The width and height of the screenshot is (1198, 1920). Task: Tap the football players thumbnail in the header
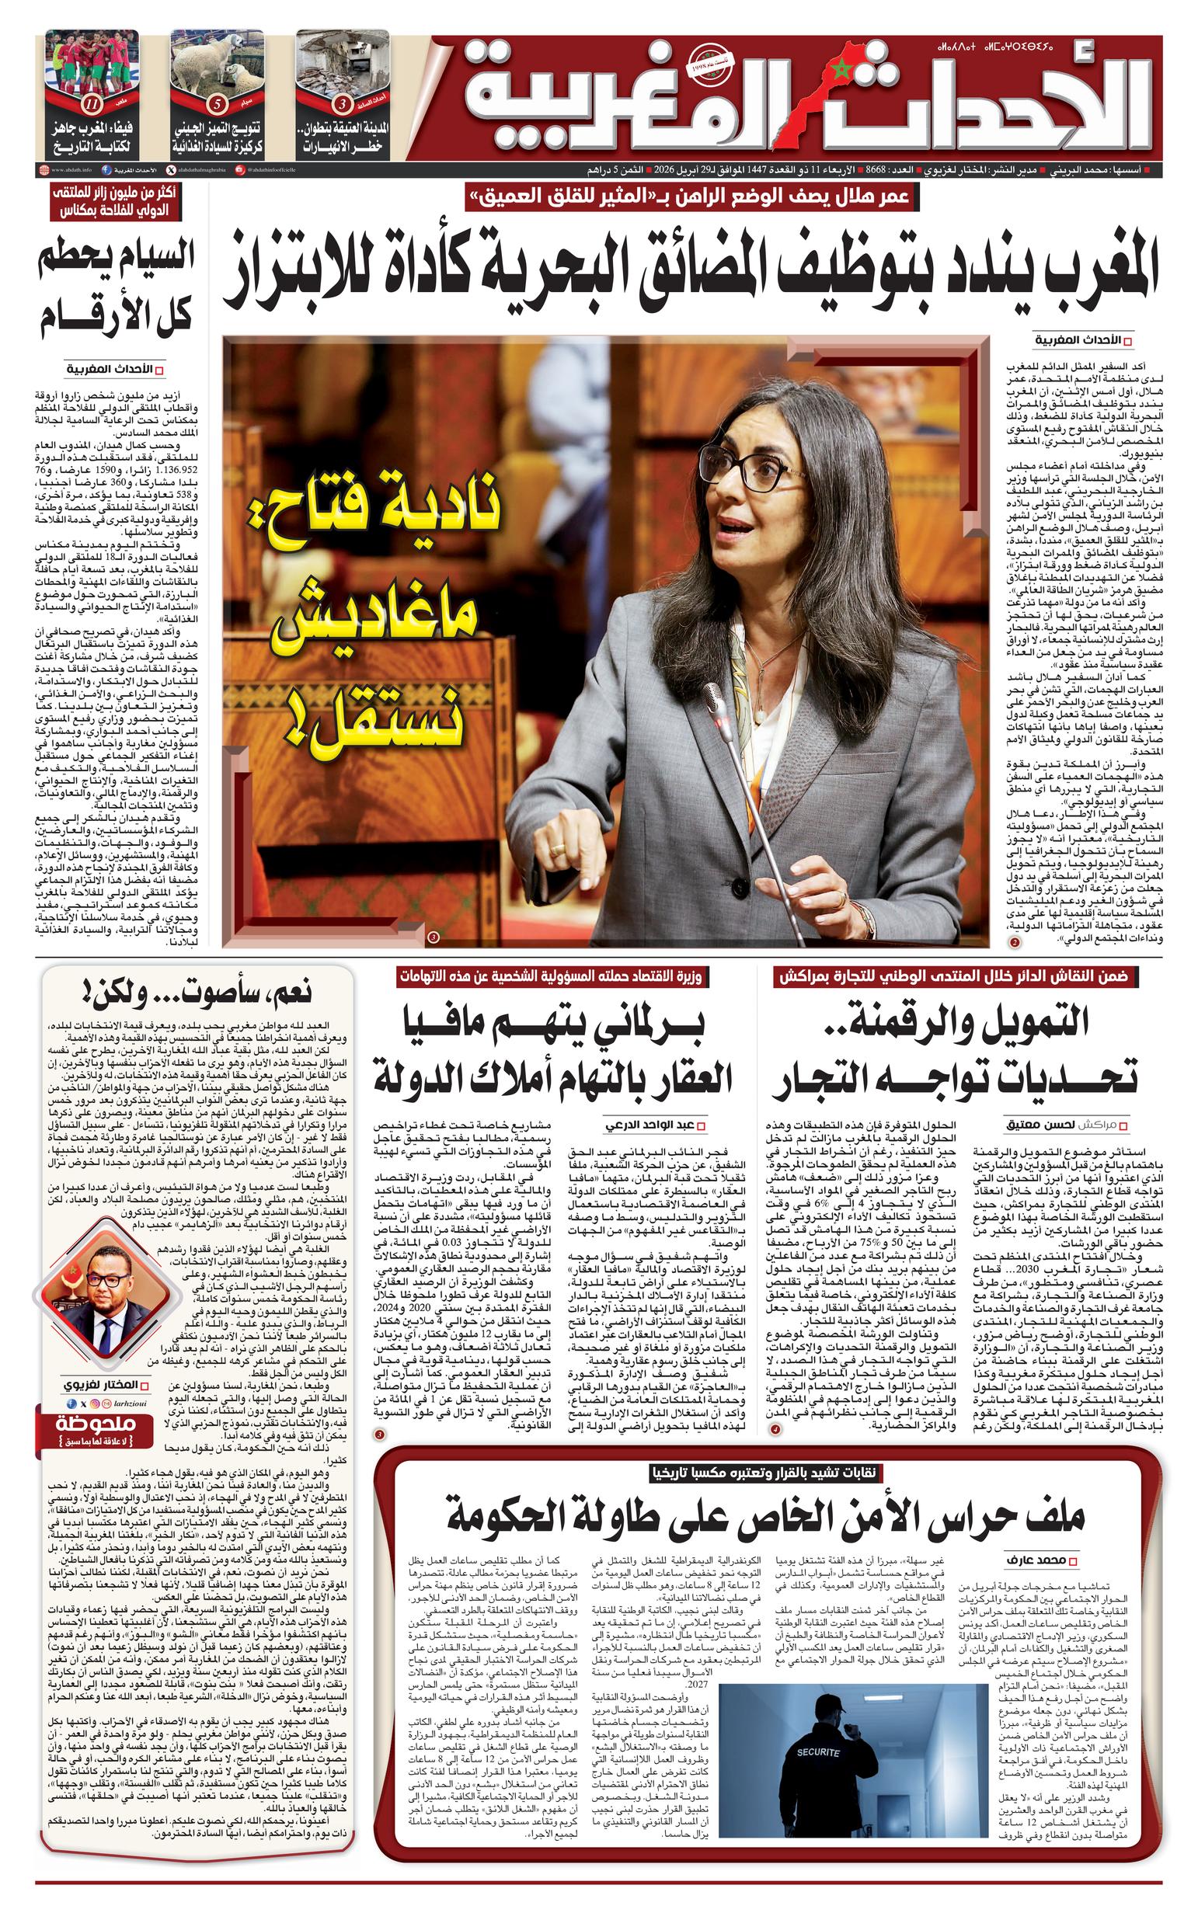tap(92, 64)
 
